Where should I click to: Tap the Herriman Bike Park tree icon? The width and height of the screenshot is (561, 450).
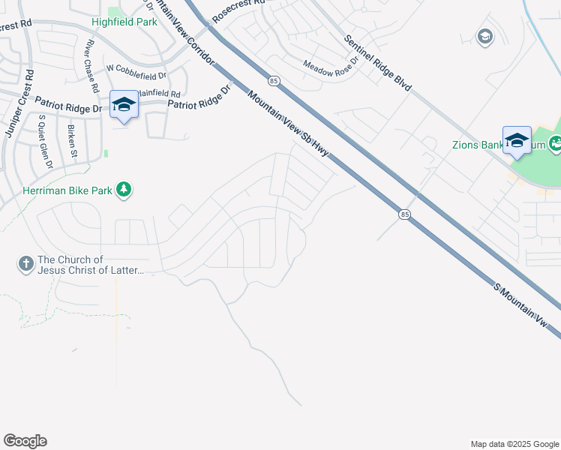[x=124, y=190]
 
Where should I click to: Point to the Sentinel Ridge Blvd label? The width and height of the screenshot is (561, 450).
[x=378, y=64]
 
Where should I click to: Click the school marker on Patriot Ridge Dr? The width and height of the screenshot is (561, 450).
[x=123, y=104]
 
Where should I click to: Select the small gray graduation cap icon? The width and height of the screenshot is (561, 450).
[x=484, y=36]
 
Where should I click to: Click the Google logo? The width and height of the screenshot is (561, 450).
[x=25, y=441]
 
